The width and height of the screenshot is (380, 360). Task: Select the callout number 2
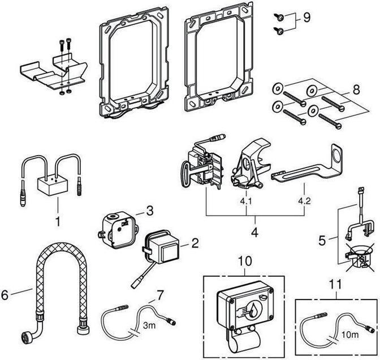click(x=194, y=244)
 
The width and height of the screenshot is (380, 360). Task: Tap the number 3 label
click(x=149, y=211)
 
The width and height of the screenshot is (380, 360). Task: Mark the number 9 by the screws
click(x=306, y=16)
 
